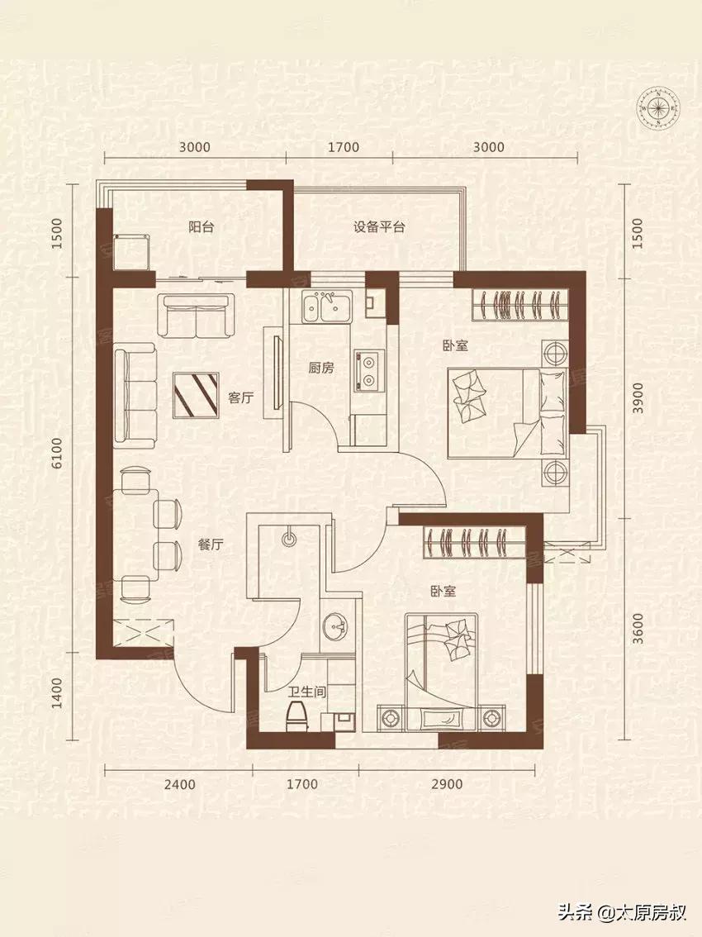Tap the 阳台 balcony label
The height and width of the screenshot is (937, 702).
coord(201,227)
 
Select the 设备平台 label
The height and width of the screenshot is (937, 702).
coord(379,227)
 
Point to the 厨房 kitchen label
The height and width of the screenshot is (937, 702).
coord(320,369)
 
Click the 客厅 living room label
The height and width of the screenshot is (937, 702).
coord(241,397)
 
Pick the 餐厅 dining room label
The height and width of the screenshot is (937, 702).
coord(211,545)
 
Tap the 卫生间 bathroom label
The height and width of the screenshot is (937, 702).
coord(306,693)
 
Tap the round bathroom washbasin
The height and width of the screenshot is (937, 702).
coord(334,628)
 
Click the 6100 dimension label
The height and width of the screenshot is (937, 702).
coord(57,454)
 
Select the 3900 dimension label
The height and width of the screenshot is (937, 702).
coord(638,397)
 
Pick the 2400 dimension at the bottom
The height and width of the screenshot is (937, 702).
coord(179,784)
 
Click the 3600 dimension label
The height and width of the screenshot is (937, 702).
coord(638,629)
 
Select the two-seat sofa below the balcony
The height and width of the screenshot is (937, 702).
coord(196,315)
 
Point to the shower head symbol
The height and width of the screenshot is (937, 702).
coord(289,537)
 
